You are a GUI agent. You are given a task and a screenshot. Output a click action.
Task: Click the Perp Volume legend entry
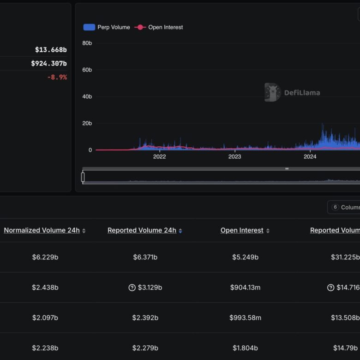[107, 27]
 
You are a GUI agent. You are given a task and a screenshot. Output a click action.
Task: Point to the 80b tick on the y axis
[87, 43]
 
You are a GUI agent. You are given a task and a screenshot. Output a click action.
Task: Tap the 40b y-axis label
[87, 96]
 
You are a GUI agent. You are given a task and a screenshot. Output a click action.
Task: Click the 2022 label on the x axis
[159, 157]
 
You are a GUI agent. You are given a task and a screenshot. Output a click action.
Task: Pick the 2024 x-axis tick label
[310, 157]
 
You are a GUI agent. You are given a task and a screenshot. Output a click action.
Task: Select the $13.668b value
[51, 49]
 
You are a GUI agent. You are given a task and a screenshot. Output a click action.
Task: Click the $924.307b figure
[49, 63]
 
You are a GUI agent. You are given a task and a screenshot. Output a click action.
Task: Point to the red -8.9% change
[57, 77]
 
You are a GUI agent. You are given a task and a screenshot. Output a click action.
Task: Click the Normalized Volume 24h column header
[42, 230]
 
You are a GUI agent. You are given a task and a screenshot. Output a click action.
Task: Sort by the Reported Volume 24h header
[142, 230]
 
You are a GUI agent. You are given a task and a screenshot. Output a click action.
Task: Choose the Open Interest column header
[242, 230]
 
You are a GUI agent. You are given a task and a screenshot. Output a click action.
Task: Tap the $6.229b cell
[45, 257]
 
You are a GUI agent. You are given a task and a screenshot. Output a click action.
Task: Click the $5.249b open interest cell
[245, 257]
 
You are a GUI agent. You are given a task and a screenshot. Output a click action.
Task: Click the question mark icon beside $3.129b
[132, 288]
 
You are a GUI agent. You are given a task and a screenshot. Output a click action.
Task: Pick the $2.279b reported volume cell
[145, 348]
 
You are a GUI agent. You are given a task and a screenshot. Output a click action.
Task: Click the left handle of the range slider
[83, 177]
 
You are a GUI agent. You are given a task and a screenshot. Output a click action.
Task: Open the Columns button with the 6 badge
[343, 207]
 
